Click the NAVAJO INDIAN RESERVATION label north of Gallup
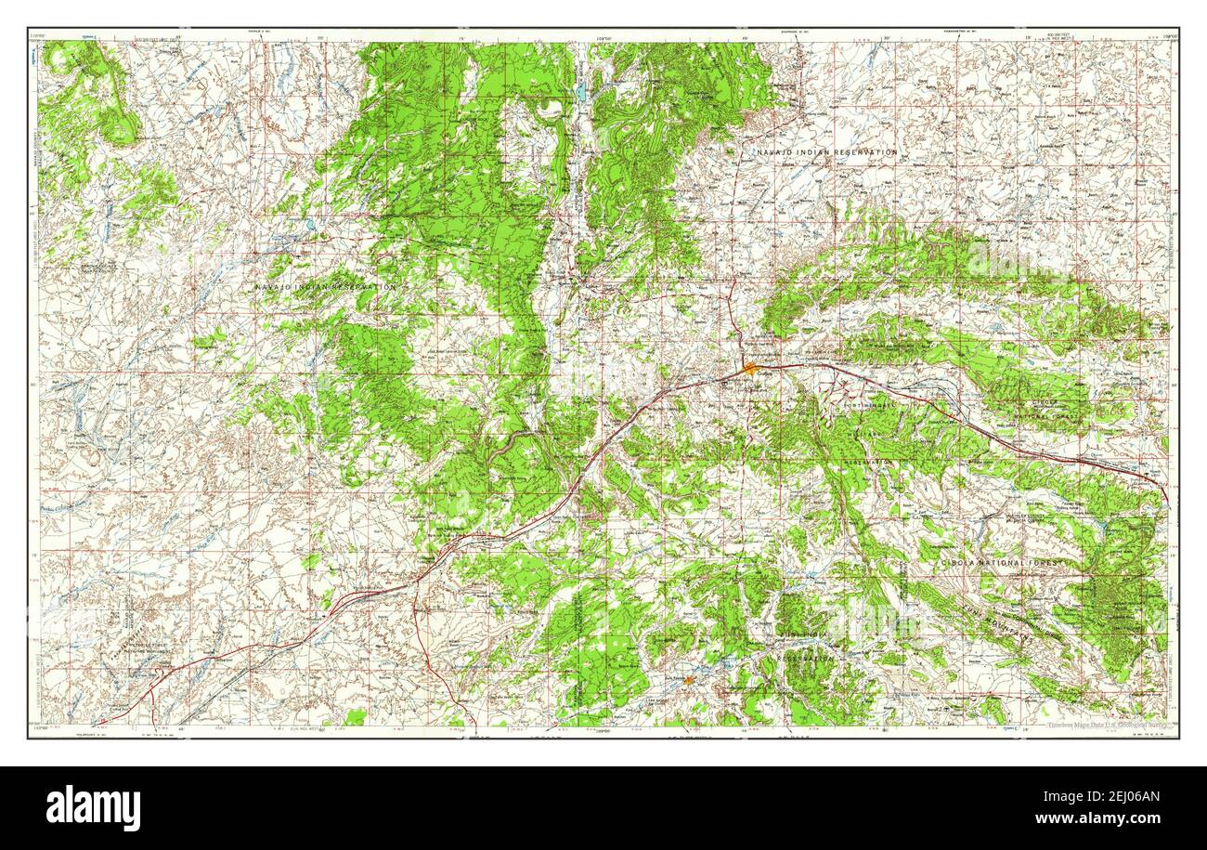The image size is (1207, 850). [x=826, y=151]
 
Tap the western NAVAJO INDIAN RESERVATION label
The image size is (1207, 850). [x=326, y=288]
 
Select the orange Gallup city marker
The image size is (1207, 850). [x=750, y=369]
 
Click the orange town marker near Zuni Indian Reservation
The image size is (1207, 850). [x=688, y=680]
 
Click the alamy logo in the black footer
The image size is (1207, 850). [x=93, y=807]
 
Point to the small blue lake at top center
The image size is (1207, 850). [x=579, y=93]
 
